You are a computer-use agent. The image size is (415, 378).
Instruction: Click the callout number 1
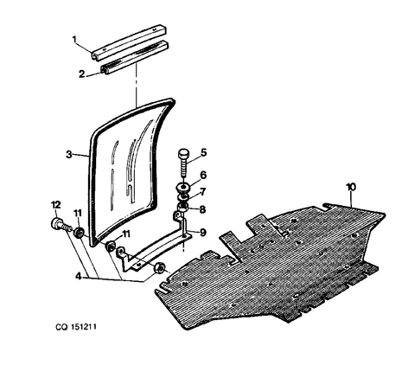pyautogui.click(x=74, y=39)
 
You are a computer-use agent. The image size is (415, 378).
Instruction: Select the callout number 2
pyautogui.click(x=82, y=74)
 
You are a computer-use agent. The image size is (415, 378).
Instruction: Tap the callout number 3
pyautogui.click(x=69, y=155)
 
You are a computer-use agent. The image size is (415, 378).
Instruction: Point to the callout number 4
pyautogui.click(x=78, y=276)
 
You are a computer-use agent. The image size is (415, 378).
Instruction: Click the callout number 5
pyautogui.click(x=204, y=152)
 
